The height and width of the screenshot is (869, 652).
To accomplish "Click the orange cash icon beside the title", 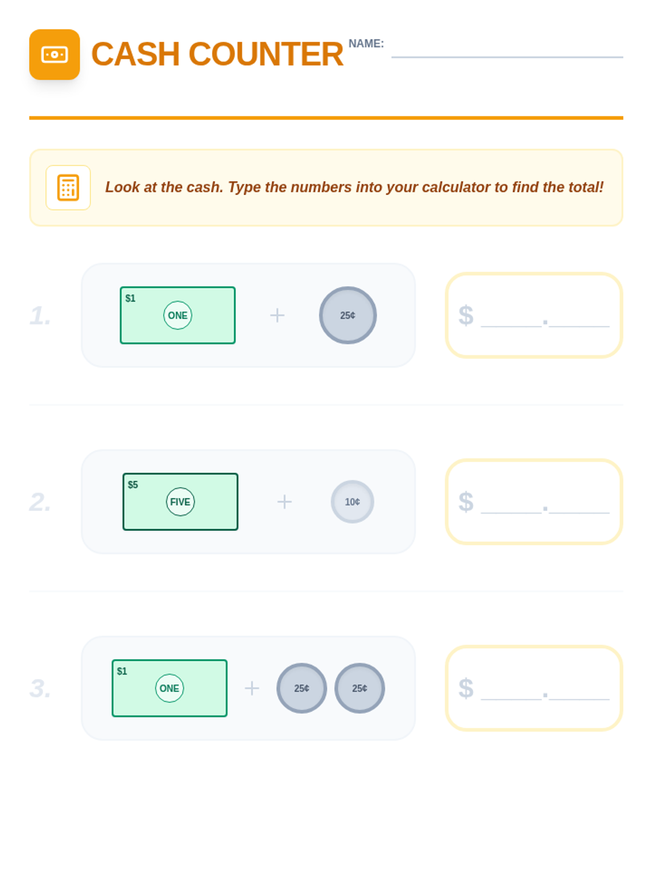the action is click(55, 55).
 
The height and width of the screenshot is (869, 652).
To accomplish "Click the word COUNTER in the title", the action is click(266, 54).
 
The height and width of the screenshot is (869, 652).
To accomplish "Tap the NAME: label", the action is click(366, 43).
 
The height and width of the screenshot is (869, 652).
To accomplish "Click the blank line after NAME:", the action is click(507, 57).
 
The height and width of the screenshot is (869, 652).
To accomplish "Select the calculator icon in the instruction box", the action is click(68, 188).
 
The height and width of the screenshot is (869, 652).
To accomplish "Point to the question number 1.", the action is click(40, 316).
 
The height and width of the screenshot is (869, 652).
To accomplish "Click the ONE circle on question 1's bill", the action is click(178, 315).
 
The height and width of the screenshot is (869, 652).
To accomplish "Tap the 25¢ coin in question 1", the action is click(348, 315).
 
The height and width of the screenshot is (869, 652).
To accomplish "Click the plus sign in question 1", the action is click(277, 316).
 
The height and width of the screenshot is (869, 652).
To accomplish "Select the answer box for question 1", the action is click(534, 315).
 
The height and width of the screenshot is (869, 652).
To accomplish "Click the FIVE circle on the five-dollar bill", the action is click(180, 502).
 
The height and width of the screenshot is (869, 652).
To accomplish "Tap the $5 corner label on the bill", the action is click(133, 484).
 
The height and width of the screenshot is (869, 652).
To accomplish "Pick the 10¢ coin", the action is click(352, 502).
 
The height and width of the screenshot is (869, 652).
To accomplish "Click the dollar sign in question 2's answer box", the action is click(466, 502).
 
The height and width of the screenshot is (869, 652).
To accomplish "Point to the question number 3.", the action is click(40, 689).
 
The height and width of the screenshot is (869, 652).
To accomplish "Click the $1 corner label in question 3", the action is click(122, 671).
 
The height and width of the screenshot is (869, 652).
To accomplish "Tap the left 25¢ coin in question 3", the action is click(302, 688).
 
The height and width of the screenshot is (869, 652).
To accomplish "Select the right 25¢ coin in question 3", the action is click(360, 688).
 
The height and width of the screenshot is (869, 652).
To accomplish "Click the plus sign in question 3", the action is click(252, 688).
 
